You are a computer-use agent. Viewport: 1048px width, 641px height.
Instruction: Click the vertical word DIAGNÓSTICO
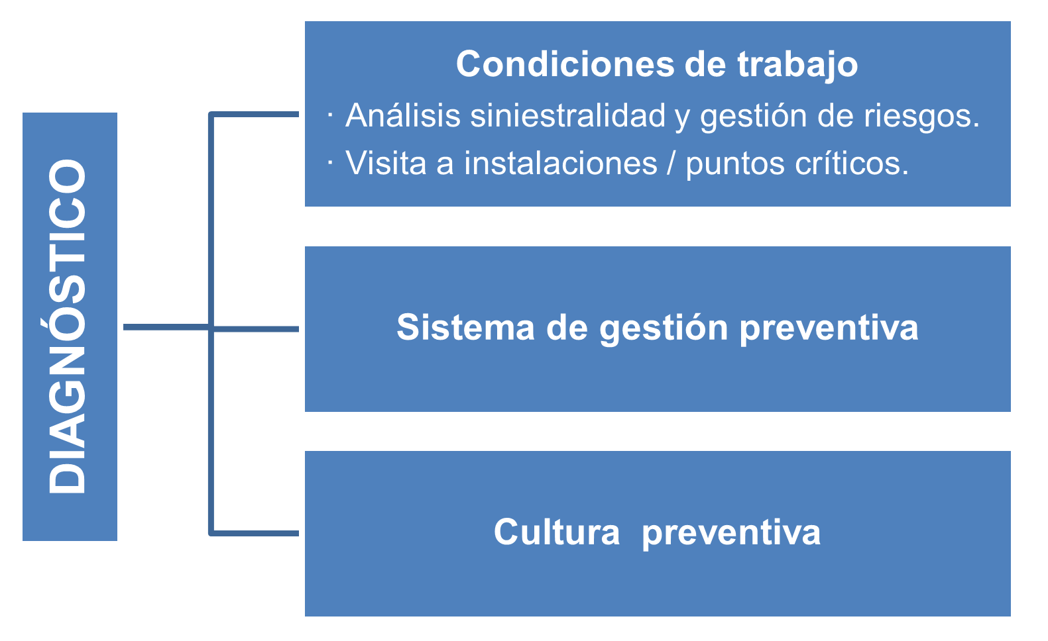(68, 326)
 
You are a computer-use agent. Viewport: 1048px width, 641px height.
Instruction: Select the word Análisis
(403, 115)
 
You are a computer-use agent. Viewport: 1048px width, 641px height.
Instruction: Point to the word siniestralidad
(568, 115)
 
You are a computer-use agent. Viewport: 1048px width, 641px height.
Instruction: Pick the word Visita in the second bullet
(386, 163)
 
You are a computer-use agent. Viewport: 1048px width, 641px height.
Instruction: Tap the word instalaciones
(560, 163)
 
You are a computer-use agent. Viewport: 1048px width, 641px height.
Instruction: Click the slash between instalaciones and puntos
(671, 164)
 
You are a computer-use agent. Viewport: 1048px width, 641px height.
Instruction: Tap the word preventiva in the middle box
(829, 327)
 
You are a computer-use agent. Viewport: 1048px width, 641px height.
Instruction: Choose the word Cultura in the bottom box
(557, 532)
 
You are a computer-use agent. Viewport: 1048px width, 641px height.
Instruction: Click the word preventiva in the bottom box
(731, 533)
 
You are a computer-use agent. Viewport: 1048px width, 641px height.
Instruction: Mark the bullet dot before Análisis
(330, 115)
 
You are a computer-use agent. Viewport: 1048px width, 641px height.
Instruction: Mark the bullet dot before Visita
(330, 164)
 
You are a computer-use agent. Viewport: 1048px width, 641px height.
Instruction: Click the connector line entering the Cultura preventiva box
(255, 532)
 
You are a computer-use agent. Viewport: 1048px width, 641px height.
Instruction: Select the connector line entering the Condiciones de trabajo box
(255, 115)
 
